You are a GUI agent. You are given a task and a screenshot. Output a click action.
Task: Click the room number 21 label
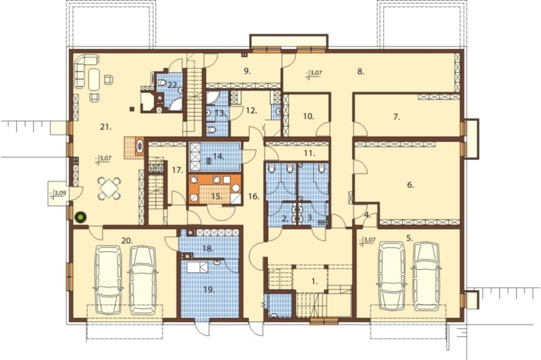coord(106,127)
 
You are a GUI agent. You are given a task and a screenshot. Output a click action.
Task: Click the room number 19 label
coord(209,290)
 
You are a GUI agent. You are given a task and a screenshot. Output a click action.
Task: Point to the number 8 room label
coord(360,72)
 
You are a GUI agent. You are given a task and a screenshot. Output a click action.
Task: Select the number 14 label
coord(219,156)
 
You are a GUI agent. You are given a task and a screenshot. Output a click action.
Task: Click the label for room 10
coord(308,117)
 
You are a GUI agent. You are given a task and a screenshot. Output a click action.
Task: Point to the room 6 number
coord(410,185)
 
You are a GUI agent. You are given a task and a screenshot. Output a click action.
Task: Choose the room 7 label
coord(397,117)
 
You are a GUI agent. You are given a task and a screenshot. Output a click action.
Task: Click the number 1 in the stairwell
coord(314,282)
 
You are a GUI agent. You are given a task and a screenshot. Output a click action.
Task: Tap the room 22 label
coord(172,85)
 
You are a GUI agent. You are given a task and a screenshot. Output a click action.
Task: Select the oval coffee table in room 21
coord(95,79)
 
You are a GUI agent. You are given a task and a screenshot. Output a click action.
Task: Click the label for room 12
coord(252,111)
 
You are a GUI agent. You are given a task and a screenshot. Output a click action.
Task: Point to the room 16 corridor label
coord(254,197)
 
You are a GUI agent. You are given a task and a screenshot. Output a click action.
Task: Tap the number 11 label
coord(309,154)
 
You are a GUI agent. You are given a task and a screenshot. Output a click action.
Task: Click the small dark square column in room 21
coord(131,110)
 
